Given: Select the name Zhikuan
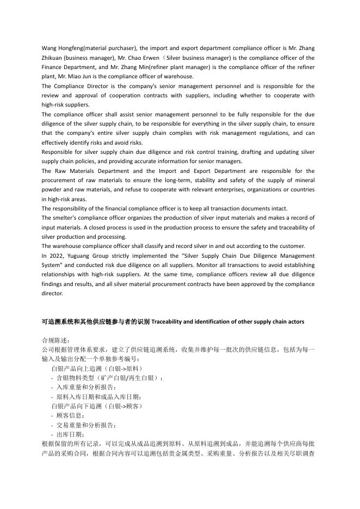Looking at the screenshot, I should point(55,58).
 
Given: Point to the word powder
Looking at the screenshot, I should point(52,189).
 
